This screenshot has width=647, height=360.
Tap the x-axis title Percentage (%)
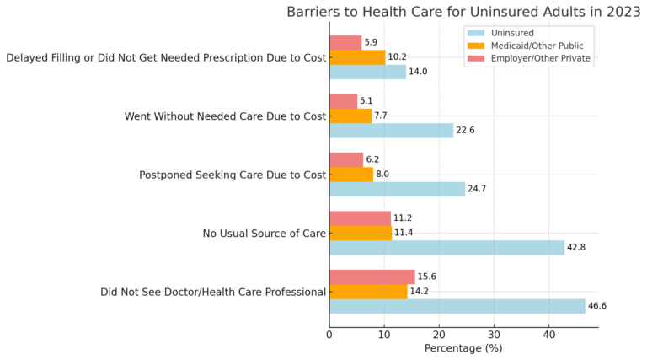pos(463,347)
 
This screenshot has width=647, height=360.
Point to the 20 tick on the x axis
pos(439,333)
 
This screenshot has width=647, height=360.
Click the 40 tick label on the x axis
pos(548,333)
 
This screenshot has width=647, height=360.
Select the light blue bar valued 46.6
pos(457,306)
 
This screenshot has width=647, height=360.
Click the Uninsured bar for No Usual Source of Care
pos(446,248)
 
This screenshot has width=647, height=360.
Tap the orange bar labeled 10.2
pos(357,57)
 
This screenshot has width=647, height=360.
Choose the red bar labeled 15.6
pos(372,277)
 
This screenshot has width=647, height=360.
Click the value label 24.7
pos(479,189)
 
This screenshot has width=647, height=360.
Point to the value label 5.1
pos(366,101)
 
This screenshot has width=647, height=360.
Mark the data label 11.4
pos(404,233)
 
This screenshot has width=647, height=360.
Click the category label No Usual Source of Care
pos(264,234)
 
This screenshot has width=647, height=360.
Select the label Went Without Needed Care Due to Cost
pos(225,116)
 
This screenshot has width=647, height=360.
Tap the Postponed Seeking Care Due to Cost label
pos(232,175)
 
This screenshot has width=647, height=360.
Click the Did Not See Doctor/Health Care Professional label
pos(212,292)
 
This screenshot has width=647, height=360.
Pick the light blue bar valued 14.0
pos(367,72)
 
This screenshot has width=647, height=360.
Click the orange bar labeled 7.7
pos(350,116)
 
